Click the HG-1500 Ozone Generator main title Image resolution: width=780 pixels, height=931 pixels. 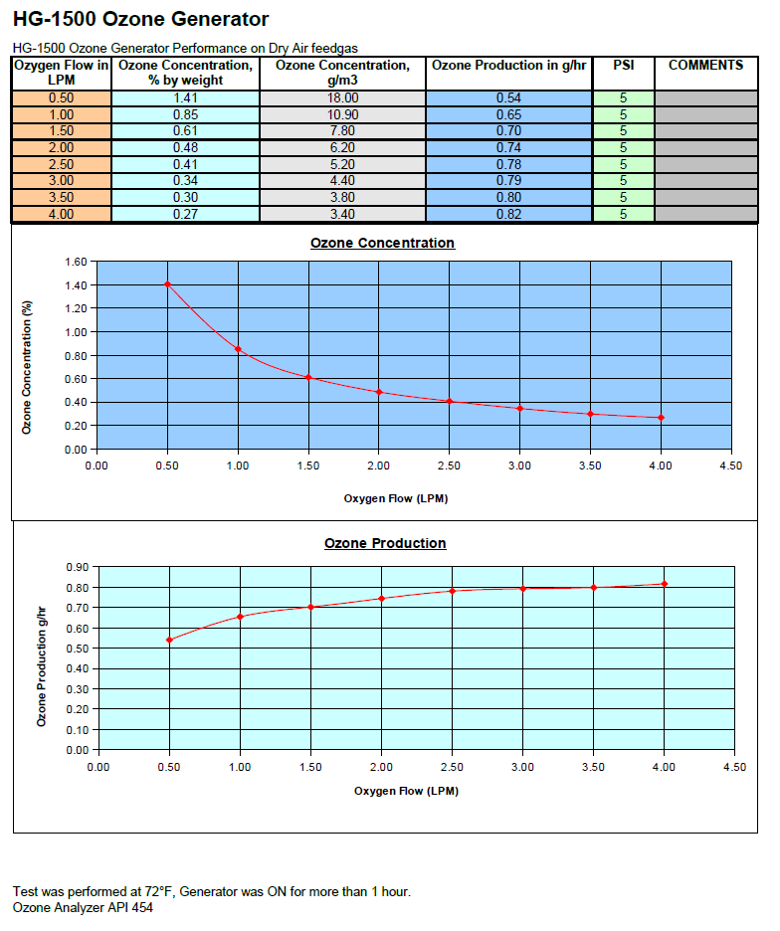click(x=140, y=19)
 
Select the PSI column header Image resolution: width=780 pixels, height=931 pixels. click(x=623, y=66)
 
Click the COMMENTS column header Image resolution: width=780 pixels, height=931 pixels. click(x=705, y=66)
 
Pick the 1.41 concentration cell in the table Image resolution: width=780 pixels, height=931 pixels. click(x=185, y=98)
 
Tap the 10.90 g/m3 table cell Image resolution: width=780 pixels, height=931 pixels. click(x=342, y=114)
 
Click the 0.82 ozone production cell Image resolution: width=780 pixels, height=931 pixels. click(x=508, y=214)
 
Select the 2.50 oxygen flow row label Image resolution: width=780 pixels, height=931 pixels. click(x=61, y=164)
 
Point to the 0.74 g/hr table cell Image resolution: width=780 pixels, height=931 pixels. click(x=508, y=147)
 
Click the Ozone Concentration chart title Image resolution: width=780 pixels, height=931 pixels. click(x=382, y=243)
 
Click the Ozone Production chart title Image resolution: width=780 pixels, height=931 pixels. click(x=385, y=543)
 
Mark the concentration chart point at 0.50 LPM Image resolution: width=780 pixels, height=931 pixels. click(x=167, y=284)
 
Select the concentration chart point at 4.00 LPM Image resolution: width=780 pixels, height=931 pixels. click(x=661, y=418)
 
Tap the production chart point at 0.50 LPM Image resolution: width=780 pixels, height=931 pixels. click(x=169, y=640)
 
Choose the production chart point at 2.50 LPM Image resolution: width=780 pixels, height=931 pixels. click(x=452, y=591)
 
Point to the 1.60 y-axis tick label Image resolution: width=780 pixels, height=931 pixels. click(x=75, y=262)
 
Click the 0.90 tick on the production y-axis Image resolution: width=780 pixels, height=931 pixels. click(x=77, y=566)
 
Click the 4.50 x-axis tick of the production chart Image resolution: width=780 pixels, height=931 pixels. click(x=734, y=767)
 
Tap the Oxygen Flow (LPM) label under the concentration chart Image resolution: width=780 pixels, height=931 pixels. click(x=396, y=498)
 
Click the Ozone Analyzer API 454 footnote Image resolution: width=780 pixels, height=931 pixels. click(x=83, y=907)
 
